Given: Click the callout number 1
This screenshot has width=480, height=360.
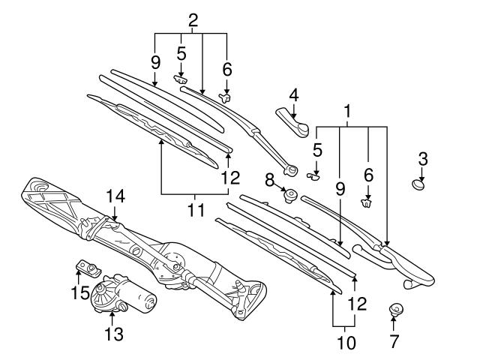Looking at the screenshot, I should pos(347,110).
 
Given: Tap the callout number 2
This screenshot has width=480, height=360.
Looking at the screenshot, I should pos(193,20).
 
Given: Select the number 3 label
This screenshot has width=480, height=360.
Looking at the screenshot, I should pos(424,158).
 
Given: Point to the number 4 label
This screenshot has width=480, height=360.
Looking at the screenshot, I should pos(294,95).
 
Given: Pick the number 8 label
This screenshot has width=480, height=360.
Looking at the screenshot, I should pos(269,179).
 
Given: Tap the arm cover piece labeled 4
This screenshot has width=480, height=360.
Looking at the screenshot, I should pos(293,120).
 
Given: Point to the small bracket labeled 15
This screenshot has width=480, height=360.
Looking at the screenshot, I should pos(88,267).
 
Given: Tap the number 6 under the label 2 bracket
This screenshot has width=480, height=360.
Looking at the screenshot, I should pos(227,68).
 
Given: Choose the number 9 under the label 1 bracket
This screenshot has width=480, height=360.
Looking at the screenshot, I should pos(340,190).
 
